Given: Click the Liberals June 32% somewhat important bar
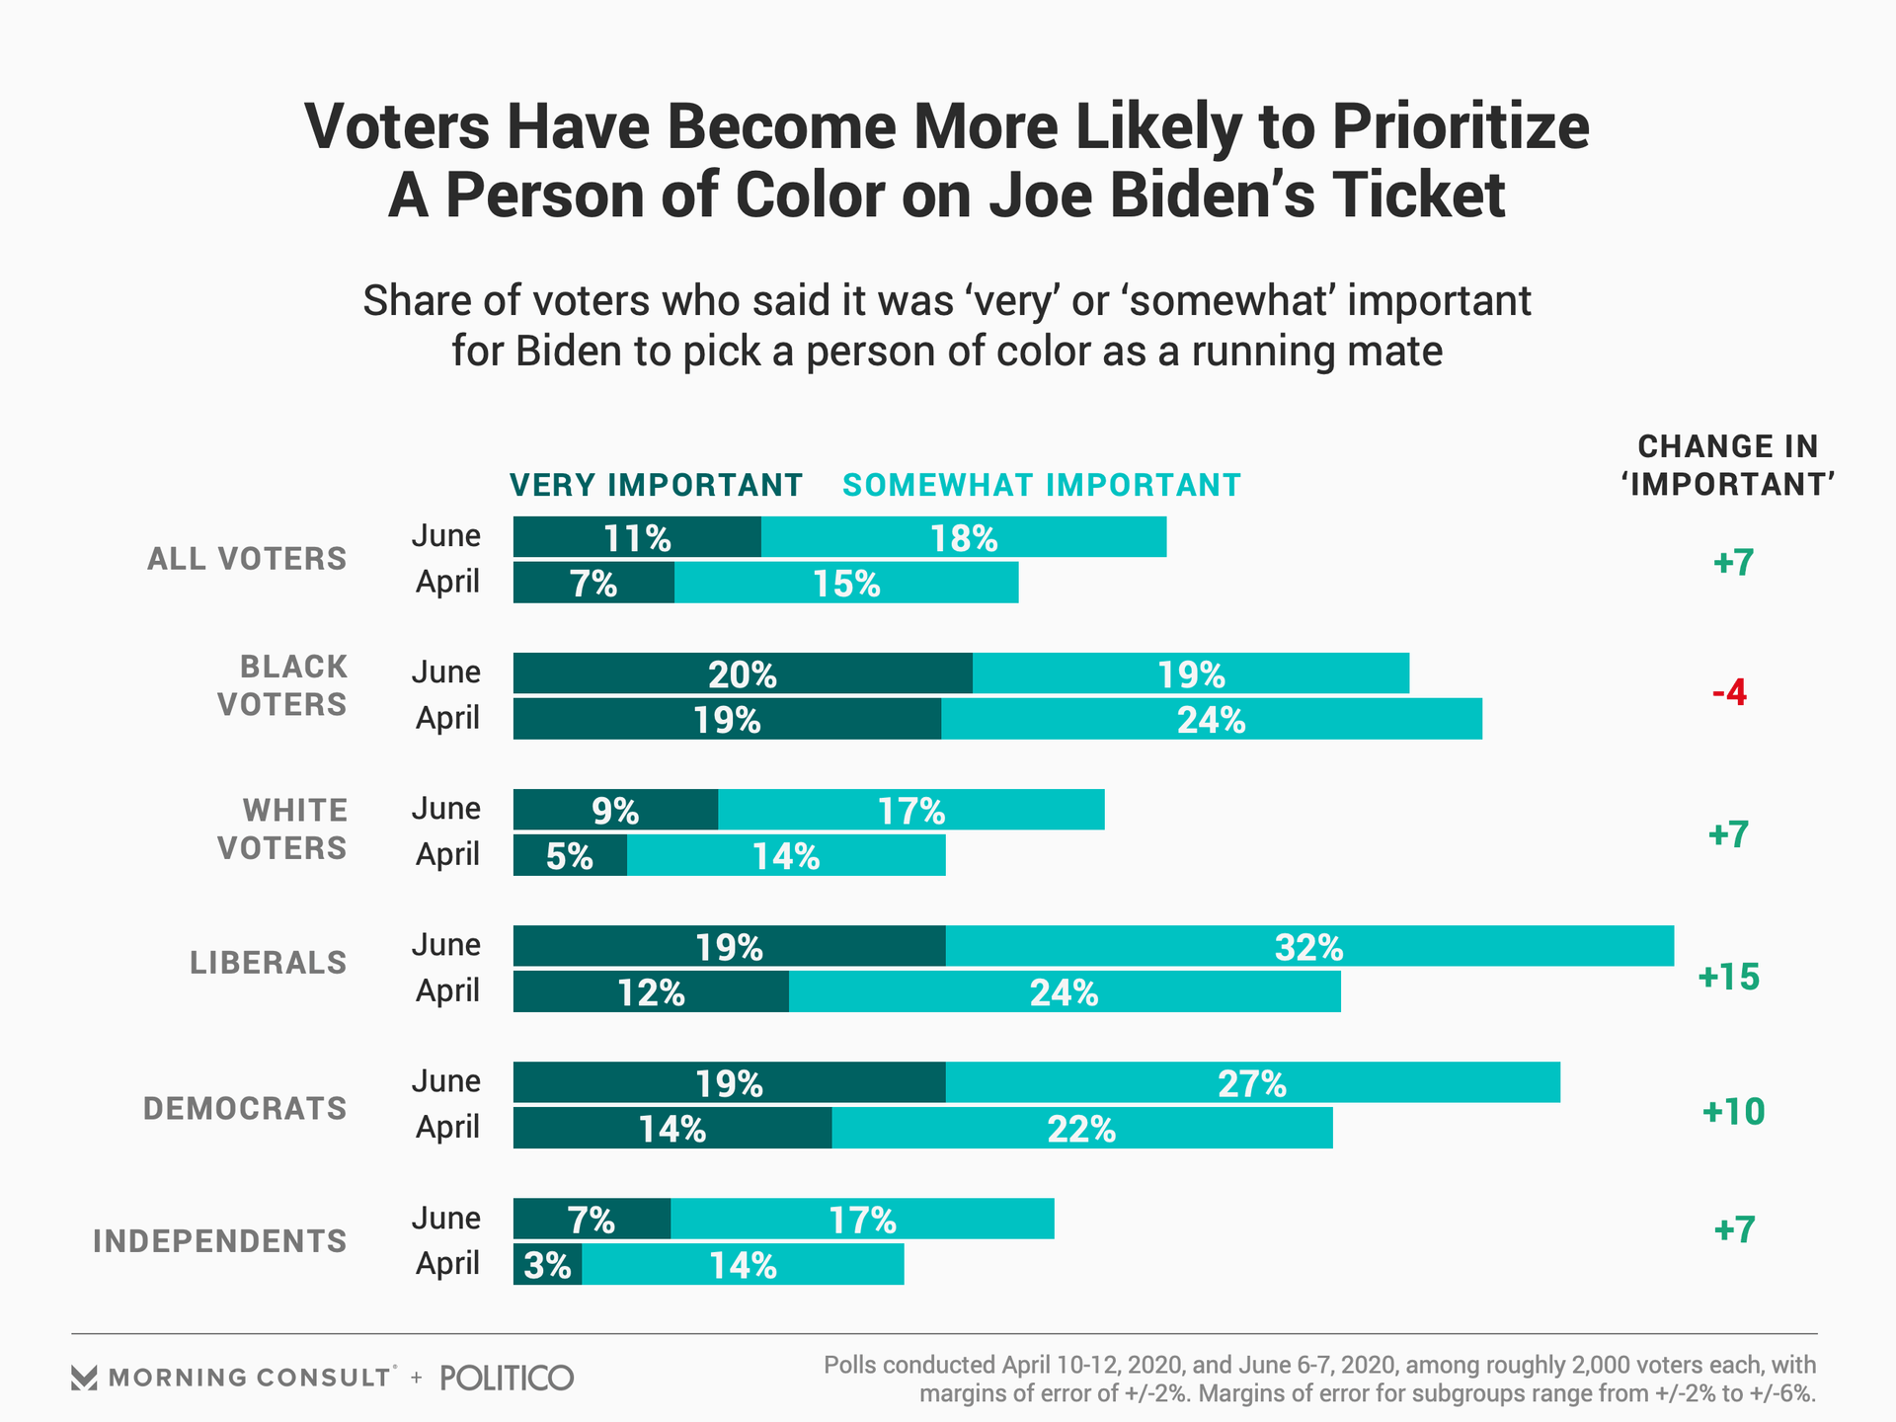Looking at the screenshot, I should point(1309,946).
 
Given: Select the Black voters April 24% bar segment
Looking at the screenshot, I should point(1212,719).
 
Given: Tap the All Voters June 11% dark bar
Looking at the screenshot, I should point(637,537).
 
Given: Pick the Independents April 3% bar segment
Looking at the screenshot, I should point(547,1264).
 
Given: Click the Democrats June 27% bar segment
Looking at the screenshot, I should point(1252,1082).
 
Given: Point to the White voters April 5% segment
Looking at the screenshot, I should point(570,855).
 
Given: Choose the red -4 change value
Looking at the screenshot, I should point(1729,693).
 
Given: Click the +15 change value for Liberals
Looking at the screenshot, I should point(1728,978).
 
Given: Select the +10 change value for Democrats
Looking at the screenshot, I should point(1733,1112).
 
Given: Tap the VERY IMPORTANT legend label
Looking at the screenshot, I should point(656,485).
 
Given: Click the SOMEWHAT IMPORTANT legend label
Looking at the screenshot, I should point(1041,485).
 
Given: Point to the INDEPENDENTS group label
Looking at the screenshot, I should point(219,1241).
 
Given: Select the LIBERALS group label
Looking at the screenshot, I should point(268,963).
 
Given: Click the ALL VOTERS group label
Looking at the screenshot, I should point(247,559).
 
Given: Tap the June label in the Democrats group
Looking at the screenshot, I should point(446,1081).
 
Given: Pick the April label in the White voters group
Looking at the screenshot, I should point(447,854).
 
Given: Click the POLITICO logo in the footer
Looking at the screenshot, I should point(507,1378).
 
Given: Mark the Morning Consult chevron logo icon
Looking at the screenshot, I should point(85,1378).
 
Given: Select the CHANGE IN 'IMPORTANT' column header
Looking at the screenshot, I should point(1728,465).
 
